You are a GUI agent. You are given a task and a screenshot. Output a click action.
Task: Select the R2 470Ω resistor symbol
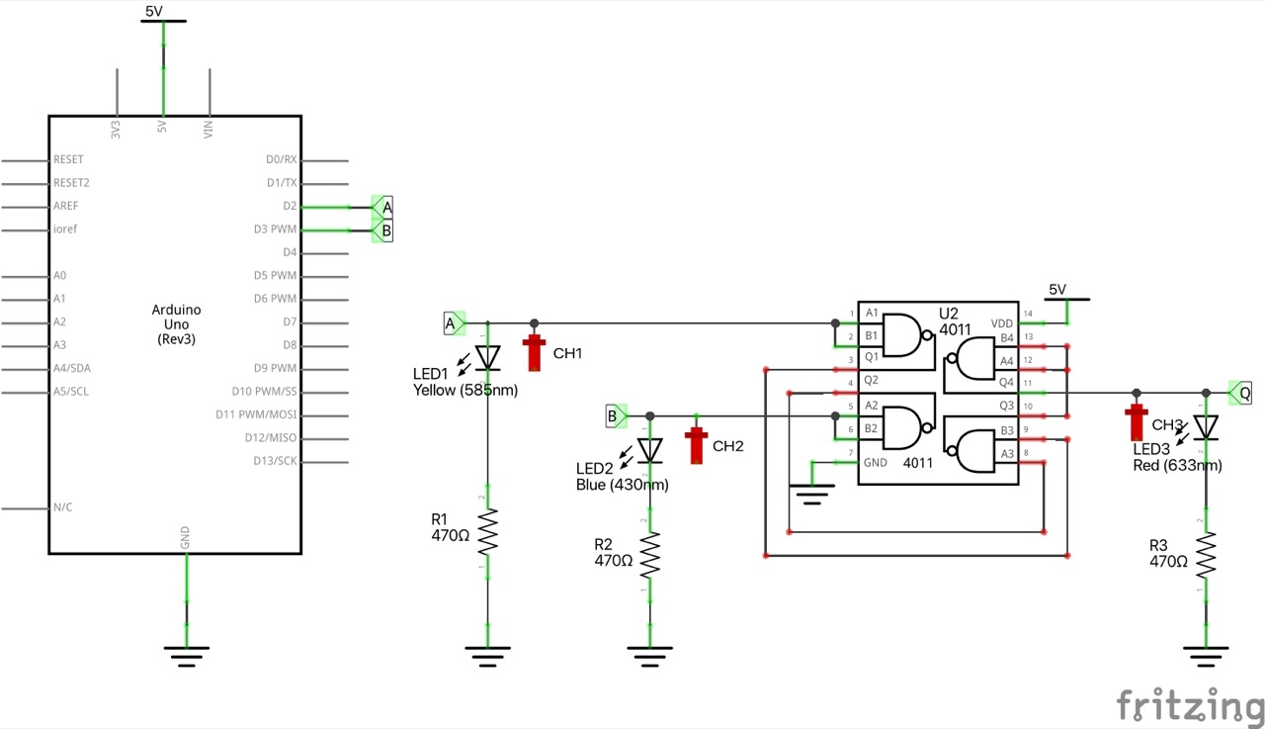tap(649, 557)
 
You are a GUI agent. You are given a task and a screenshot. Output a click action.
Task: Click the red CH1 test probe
tap(535, 351)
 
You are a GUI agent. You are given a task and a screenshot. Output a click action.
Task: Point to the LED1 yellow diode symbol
tap(486, 356)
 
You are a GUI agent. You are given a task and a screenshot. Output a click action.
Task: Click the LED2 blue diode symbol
tap(649, 450)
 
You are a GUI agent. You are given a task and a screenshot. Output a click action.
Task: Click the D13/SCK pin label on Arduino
tap(275, 461)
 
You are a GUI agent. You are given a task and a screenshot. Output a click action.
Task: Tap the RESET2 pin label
tap(71, 183)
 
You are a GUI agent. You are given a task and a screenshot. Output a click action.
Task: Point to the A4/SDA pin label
tap(74, 369)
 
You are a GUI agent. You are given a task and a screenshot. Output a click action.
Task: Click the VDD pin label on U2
tap(1002, 322)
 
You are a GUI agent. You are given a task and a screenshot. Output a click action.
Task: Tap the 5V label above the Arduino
tap(154, 11)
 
